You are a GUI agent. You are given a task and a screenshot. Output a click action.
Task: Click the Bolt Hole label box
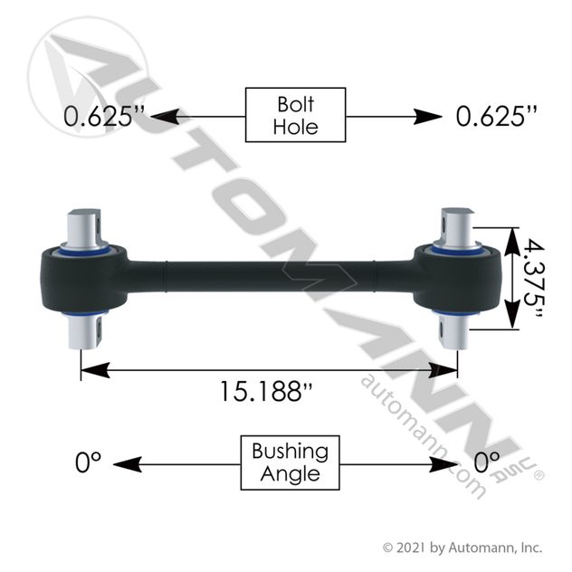click(295, 115)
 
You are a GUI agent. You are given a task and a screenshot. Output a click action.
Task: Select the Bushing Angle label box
click(290, 462)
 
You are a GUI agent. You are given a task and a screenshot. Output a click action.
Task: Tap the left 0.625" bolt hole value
click(104, 116)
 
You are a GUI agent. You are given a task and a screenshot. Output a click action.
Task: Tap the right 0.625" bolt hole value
click(497, 116)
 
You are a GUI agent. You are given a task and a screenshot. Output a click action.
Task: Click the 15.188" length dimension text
click(266, 391)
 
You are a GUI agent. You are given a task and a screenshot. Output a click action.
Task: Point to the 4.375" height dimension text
click(534, 278)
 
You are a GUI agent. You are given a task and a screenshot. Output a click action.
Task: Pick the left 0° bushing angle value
click(88, 462)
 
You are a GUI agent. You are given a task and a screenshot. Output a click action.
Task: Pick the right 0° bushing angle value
click(486, 462)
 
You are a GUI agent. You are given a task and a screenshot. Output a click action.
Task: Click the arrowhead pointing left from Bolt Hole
click(165, 117)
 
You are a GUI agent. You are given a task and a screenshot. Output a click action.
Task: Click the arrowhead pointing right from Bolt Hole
click(427, 117)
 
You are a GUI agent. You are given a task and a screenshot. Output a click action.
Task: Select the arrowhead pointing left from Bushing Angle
click(128, 464)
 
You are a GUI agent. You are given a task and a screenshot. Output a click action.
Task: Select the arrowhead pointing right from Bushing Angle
click(444, 464)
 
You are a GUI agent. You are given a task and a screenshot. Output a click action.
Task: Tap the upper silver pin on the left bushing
click(85, 228)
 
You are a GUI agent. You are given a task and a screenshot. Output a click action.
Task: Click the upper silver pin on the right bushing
click(457, 227)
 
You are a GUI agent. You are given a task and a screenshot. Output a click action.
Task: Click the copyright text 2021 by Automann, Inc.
click(462, 548)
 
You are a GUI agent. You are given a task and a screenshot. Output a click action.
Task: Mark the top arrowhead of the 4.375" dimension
click(512, 242)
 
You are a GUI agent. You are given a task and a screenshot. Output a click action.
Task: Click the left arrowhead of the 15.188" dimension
click(95, 370)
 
